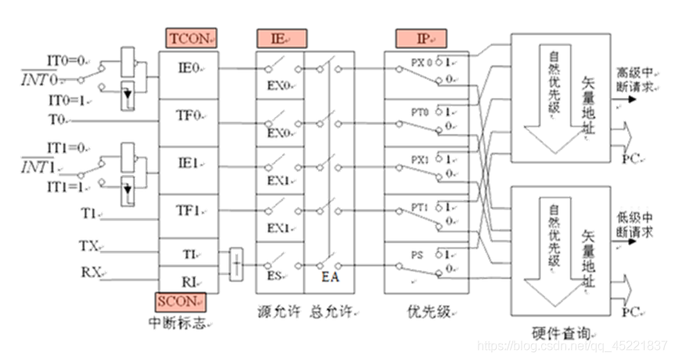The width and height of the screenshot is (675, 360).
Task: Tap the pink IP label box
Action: pyautogui.click(x=422, y=38)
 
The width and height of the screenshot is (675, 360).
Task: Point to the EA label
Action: pyautogui.click(x=329, y=275)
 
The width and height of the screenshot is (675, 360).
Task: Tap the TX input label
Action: pyautogui.click(x=88, y=246)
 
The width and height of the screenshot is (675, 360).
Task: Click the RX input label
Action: pyautogui.click(x=88, y=272)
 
